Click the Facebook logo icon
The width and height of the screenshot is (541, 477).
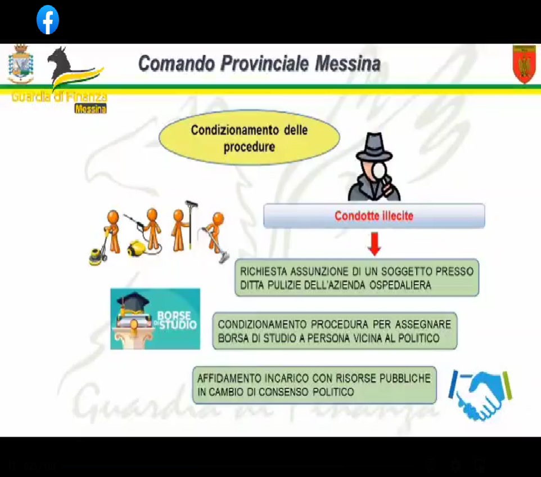[48, 20]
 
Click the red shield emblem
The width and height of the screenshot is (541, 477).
[524, 64]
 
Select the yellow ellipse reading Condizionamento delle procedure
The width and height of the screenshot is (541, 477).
[249, 138]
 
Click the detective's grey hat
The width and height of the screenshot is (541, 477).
[375, 147]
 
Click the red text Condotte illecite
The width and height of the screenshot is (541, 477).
[374, 216]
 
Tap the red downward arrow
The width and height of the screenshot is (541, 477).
[375, 244]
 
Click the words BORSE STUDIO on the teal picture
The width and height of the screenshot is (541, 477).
[177, 320]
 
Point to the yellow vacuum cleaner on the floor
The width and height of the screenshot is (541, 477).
[136, 248]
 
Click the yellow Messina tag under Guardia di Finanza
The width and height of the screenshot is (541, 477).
[91, 109]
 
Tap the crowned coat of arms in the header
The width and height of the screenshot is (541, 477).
[21, 64]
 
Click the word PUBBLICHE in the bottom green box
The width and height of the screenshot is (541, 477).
[405, 378]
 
